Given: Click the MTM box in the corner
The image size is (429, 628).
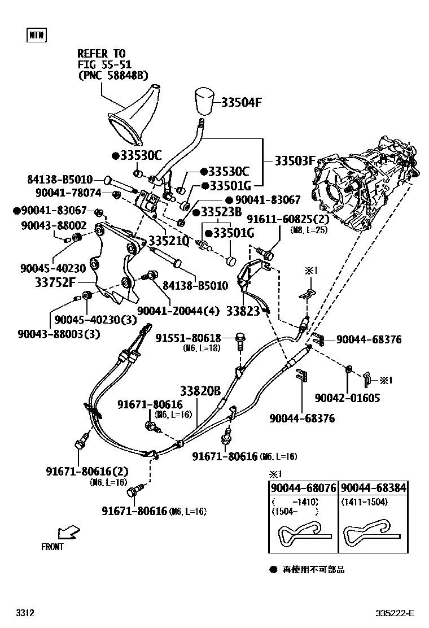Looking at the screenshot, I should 37,36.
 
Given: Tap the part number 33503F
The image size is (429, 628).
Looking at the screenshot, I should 294,160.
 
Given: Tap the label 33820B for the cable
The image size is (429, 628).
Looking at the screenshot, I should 200,391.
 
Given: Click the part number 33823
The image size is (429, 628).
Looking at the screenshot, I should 242,310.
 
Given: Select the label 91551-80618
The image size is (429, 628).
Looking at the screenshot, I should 189,338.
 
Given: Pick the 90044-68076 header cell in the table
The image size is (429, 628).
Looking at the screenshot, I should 303,488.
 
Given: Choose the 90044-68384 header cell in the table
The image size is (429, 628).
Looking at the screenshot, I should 374,488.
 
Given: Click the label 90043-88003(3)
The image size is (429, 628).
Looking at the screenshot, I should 77,333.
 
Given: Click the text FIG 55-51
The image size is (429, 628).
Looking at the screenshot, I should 105,64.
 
